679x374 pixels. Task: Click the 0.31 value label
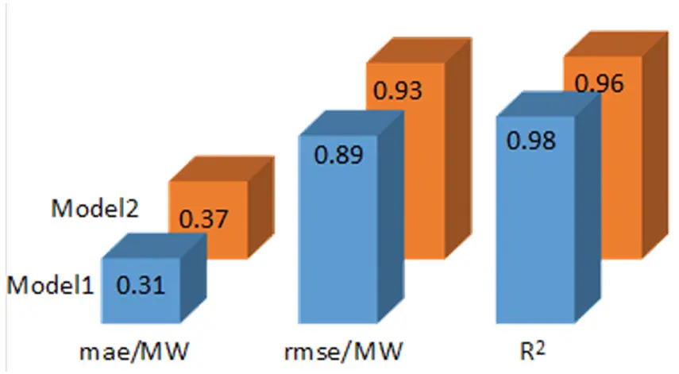pos(142,283)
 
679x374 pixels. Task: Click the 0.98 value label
pos(530,141)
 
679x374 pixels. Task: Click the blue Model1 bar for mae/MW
pos(142,306)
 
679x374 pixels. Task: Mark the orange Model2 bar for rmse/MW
pos(402,199)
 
